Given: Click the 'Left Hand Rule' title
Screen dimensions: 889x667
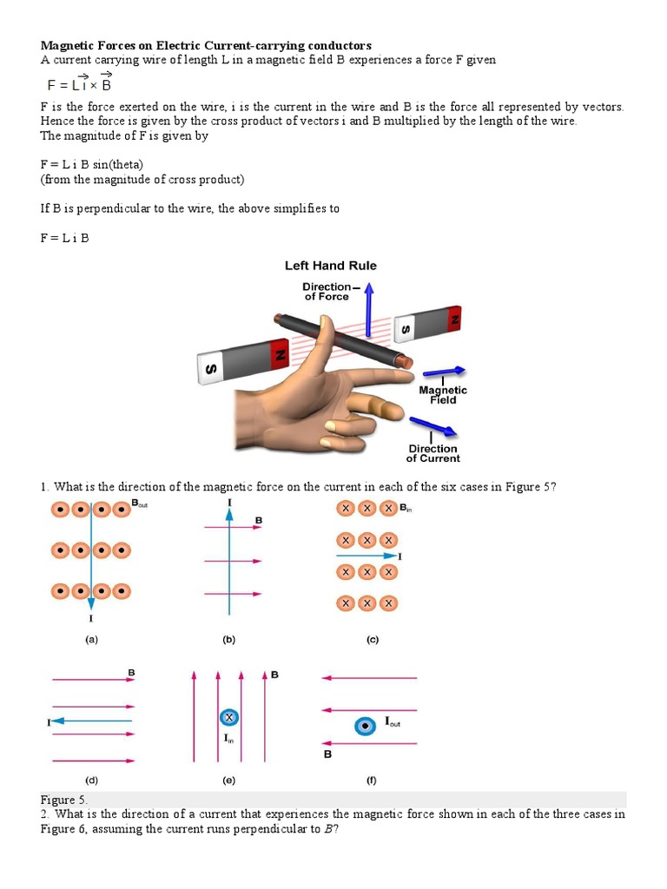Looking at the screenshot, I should click(x=331, y=266).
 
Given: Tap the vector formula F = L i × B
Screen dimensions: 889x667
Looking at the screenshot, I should click(x=79, y=84).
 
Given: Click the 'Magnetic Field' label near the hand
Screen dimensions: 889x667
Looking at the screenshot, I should click(x=443, y=395).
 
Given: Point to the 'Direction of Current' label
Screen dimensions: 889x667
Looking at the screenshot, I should click(x=433, y=453).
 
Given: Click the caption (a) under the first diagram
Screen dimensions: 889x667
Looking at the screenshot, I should click(x=90, y=640).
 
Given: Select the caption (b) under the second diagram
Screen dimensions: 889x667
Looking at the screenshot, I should click(x=229, y=640).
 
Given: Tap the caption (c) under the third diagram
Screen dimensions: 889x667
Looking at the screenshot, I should click(x=372, y=640).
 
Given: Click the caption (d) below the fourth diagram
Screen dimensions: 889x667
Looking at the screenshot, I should click(x=90, y=780).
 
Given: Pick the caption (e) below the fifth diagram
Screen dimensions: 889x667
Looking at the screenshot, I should click(x=228, y=780).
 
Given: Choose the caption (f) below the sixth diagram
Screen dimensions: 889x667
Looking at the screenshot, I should click(x=371, y=780).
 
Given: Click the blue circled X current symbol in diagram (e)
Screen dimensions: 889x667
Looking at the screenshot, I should click(x=228, y=717).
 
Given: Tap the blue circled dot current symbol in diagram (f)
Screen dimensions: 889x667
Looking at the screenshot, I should click(x=366, y=725).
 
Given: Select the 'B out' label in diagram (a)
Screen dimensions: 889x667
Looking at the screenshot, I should click(x=140, y=504).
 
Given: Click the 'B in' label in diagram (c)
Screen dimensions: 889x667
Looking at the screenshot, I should click(x=405, y=508).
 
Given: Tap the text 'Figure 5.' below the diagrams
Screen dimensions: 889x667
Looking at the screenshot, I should click(x=63, y=799).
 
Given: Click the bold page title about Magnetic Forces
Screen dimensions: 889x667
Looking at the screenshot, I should click(x=206, y=45).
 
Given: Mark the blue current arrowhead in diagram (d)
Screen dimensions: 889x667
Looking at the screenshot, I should click(x=56, y=721).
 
